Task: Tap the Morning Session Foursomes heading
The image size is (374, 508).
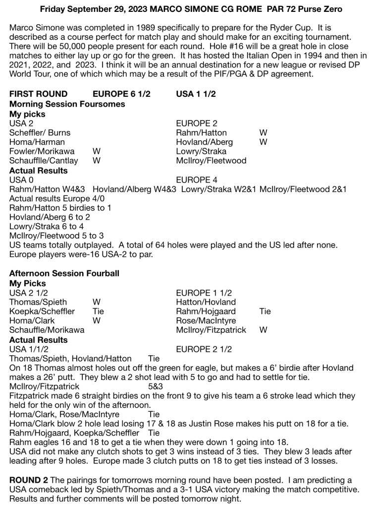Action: tap(67, 104)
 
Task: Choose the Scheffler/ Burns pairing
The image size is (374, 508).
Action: tap(40, 132)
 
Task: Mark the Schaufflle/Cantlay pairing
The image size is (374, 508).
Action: tap(44, 161)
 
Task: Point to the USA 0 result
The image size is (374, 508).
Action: tap(21, 180)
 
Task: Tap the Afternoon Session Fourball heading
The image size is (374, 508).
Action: tap(64, 273)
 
